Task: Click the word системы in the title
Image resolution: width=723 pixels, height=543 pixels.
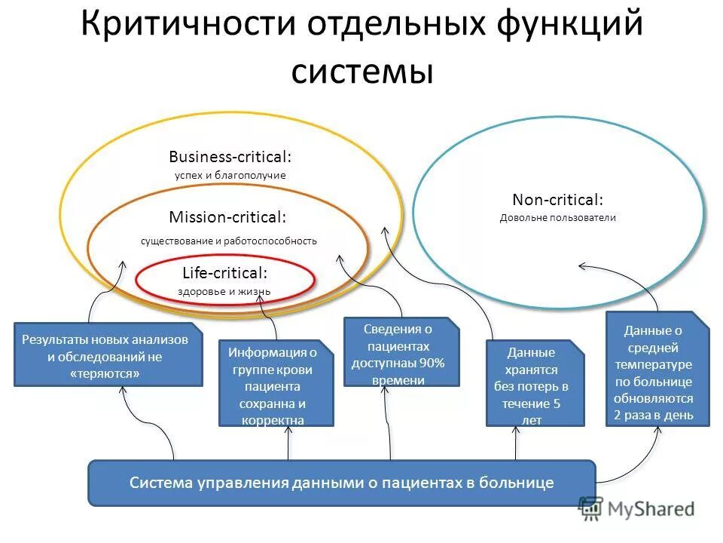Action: [x=361, y=72]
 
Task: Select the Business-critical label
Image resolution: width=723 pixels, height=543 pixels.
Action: [x=230, y=157]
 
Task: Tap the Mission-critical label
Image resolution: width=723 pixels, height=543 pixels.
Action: [x=227, y=217]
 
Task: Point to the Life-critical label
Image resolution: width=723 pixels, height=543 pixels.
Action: [x=224, y=273]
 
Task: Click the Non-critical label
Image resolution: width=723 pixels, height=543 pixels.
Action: [x=557, y=200]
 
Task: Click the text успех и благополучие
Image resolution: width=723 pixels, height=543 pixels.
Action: [x=230, y=175]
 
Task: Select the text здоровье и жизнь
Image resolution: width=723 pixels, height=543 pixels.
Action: [x=224, y=291]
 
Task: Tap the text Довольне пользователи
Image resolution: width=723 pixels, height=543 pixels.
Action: [x=557, y=218]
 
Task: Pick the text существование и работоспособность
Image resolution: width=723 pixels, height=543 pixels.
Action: [x=228, y=241]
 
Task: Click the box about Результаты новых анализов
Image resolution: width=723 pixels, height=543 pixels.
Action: [x=108, y=354]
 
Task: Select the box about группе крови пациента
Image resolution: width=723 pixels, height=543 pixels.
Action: [x=276, y=383]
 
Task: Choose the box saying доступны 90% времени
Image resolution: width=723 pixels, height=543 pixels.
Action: [x=401, y=352]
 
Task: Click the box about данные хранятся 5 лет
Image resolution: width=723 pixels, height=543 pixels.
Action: [x=535, y=383]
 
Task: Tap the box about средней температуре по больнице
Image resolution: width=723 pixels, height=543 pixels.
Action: [x=658, y=370]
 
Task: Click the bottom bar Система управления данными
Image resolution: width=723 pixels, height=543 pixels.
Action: [x=342, y=483]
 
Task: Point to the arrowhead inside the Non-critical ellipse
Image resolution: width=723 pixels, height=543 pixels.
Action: [x=581, y=265]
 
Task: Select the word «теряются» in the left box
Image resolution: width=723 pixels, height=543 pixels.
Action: [x=108, y=373]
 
